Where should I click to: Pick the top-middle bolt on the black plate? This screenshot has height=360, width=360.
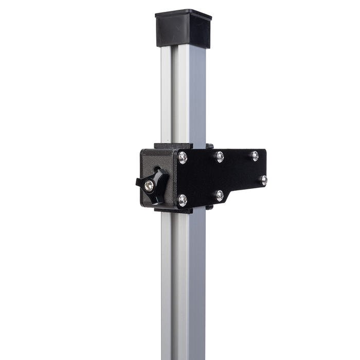[x=220, y=156]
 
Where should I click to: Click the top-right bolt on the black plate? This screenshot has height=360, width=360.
[x=255, y=155]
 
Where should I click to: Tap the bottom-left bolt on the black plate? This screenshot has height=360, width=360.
[x=183, y=200]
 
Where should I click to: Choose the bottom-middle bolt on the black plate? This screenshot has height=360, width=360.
[x=220, y=195]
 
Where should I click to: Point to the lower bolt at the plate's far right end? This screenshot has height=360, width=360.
[x=263, y=180]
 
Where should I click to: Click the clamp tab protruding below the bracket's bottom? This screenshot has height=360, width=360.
[x=174, y=209]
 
